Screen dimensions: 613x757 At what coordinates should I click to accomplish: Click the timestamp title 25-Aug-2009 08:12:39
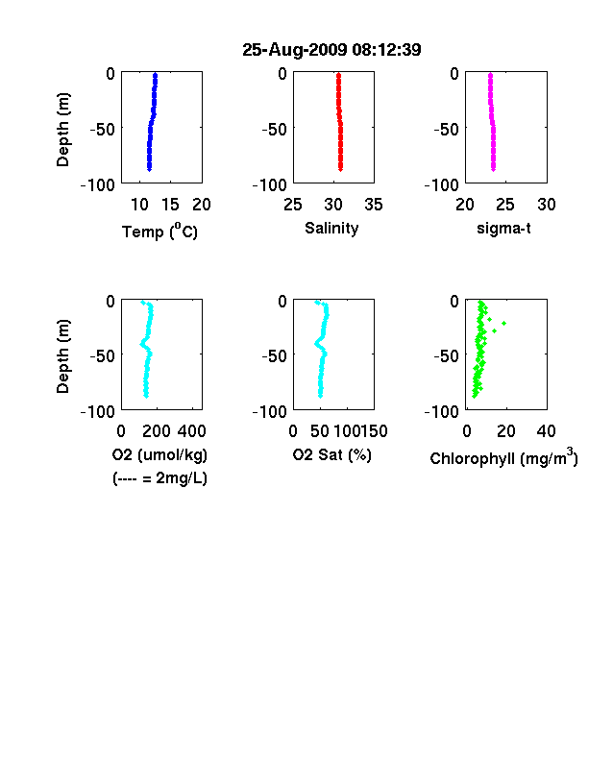(331, 50)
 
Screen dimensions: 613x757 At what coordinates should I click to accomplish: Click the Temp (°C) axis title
(159, 231)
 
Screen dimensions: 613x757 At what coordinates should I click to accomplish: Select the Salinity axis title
(331, 228)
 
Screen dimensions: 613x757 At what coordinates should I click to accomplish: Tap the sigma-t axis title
(503, 229)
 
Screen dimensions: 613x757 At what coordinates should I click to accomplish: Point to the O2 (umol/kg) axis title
(159, 454)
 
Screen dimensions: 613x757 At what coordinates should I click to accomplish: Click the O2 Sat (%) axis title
(332, 454)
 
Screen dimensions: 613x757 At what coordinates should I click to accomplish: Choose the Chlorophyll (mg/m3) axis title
(503, 456)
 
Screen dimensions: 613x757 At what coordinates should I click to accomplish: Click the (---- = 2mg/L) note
(159, 478)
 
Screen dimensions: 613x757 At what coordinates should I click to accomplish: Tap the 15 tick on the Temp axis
(170, 205)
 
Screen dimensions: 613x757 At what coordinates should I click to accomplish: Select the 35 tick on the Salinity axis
(374, 205)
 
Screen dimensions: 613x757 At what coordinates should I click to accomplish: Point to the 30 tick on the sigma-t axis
(547, 205)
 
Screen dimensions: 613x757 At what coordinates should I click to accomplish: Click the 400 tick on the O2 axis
(192, 431)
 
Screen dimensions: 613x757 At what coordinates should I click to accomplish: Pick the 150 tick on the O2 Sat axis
(374, 431)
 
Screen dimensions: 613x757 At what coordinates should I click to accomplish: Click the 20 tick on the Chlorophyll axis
(506, 431)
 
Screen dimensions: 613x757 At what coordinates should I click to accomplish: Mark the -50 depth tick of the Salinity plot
(275, 129)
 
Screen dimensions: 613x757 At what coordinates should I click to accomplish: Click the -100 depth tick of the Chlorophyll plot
(442, 412)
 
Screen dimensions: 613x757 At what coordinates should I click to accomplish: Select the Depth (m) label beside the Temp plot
(63, 130)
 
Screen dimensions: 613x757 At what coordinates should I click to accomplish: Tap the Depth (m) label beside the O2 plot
(63, 356)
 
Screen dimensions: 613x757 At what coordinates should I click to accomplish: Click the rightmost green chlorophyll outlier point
(503, 323)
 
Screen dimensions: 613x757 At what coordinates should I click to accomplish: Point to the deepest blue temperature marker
(150, 169)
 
